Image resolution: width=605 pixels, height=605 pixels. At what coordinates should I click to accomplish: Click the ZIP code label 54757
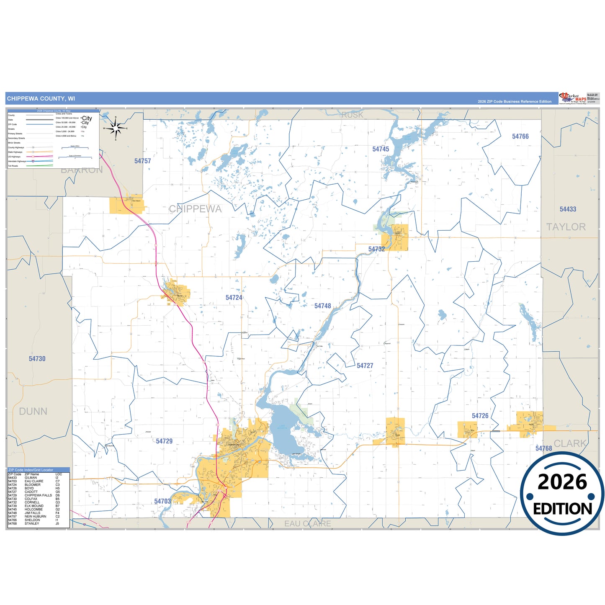tap(142, 161)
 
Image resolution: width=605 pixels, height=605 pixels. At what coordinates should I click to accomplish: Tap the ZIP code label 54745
tap(381, 149)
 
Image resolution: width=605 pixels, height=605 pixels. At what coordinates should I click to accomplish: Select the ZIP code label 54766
tap(520, 136)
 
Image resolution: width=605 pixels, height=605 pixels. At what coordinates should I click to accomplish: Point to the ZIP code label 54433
tap(568, 209)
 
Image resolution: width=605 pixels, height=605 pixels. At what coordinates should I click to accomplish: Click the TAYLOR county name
tap(566, 227)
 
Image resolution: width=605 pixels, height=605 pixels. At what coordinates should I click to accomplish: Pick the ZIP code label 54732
tap(376, 249)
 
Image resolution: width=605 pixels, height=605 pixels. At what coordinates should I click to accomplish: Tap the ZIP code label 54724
tap(234, 298)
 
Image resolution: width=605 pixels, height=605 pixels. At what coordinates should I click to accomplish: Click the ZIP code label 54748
tap(322, 306)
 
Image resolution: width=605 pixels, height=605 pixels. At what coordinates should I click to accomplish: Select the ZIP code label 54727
tap(365, 366)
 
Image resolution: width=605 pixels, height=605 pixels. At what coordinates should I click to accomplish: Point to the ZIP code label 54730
tap(37, 359)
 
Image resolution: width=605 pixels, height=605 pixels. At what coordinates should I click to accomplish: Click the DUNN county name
tap(33, 412)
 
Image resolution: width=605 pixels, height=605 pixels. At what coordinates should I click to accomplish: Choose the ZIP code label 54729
tap(164, 441)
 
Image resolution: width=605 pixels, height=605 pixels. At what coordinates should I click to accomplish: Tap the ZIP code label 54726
tap(480, 416)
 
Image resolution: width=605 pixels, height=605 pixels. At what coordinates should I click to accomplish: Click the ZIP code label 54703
tap(162, 502)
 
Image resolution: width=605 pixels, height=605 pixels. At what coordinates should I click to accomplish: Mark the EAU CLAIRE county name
tap(307, 524)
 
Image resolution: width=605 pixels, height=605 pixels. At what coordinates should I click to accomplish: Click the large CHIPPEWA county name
tap(195, 209)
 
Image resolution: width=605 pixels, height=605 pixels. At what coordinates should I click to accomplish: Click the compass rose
tap(116, 128)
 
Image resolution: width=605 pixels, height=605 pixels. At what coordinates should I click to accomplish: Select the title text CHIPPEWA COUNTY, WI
tap(41, 99)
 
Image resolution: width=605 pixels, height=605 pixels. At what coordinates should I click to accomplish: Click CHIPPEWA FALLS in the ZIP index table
tap(38, 495)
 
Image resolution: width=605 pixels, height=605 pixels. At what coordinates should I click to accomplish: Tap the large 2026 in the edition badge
tap(562, 482)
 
